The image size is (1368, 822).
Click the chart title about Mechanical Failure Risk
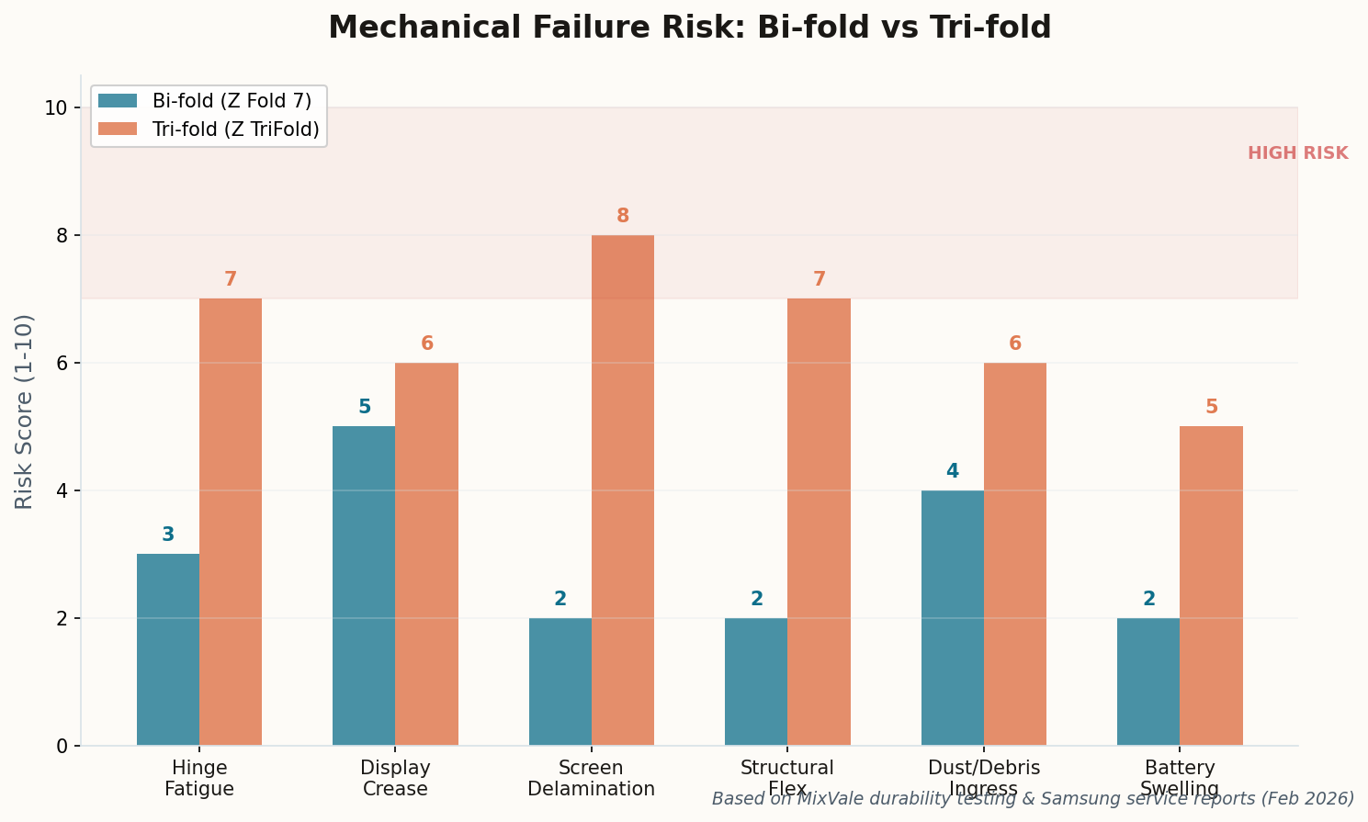pos(689,28)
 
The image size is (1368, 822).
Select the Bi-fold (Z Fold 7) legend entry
pos(232,101)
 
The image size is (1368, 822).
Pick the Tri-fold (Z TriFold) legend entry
pos(235,129)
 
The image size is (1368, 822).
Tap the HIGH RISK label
pos(1297,153)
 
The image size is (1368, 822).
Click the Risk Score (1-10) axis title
pos(25,411)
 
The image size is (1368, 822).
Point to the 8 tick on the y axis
pos(62,235)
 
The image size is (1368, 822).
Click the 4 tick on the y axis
pos(62,490)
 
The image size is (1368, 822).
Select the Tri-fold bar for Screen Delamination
pos(623,490)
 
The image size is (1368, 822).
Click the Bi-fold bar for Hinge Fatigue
pos(168,649)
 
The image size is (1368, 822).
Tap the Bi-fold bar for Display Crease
pos(364,585)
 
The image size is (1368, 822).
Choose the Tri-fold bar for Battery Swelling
pos(1211,585)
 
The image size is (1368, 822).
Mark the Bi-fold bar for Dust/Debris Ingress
pos(952,617)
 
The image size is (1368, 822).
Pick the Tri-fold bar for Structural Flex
pos(819,522)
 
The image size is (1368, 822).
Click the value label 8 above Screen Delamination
pos(623,217)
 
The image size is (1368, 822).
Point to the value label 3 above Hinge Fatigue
pos(168,535)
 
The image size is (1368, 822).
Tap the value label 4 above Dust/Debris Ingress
pos(952,471)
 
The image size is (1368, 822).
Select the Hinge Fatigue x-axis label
pos(199,778)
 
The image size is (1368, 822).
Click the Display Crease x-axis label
pos(395,778)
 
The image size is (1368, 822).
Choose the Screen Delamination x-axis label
pos(591,778)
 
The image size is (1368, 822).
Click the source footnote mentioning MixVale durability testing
pos(1033,799)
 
